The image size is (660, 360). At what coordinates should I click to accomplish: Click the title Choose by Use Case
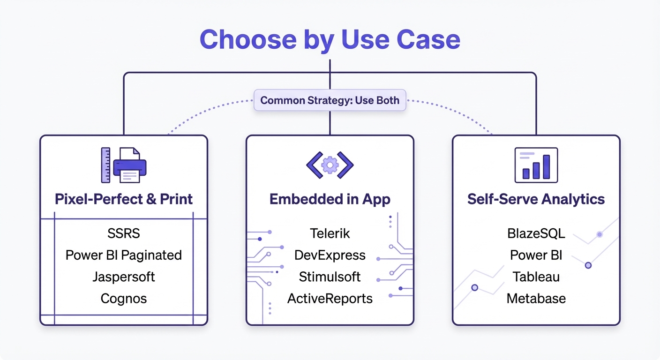click(330, 39)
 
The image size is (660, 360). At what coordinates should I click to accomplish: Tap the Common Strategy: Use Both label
click(330, 100)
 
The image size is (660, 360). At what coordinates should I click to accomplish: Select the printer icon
click(129, 165)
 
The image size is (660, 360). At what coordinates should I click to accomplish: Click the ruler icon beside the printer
click(105, 165)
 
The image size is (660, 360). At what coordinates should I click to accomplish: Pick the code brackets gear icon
click(330, 165)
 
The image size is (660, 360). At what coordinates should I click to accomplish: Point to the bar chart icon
click(536, 165)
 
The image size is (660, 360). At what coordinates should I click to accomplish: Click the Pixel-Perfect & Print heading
click(124, 199)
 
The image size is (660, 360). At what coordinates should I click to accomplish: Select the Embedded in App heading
click(330, 199)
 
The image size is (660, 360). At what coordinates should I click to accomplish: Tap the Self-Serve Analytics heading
click(536, 199)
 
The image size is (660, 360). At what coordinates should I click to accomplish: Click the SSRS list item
click(124, 233)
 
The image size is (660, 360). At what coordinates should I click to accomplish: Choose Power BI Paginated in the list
click(124, 255)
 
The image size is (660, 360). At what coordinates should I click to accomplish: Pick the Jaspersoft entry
click(124, 277)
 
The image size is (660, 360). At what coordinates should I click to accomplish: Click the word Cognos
click(124, 299)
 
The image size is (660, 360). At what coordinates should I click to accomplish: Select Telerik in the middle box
click(330, 233)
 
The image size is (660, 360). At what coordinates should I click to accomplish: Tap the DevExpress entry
click(330, 255)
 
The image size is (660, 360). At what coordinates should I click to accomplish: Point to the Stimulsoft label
click(330, 277)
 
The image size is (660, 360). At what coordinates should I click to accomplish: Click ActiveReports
click(330, 299)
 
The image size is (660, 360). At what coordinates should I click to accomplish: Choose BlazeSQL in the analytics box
click(536, 233)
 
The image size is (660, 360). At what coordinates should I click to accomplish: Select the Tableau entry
click(536, 277)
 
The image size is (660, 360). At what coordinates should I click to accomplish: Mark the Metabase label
click(536, 299)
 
